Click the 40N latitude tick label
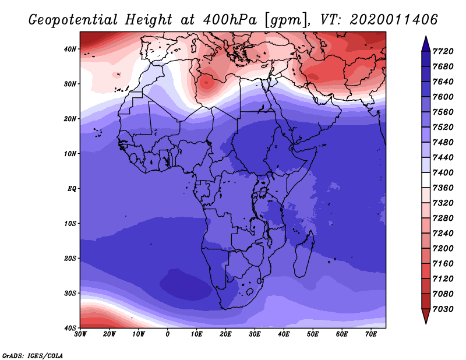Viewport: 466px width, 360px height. click(x=70, y=49)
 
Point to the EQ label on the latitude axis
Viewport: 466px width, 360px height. click(x=72, y=189)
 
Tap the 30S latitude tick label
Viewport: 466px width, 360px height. click(x=70, y=294)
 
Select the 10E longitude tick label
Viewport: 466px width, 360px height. click(x=196, y=334)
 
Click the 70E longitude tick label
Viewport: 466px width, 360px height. click(x=371, y=334)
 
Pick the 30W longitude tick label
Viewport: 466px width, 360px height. click(x=80, y=334)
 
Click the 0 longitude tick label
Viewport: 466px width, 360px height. click(x=168, y=334)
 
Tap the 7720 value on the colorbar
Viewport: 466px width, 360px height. click(x=443, y=51)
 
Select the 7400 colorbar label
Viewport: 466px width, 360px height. click(x=443, y=172)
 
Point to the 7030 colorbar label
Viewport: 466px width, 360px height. click(x=443, y=309)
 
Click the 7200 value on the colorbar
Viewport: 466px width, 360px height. click(x=443, y=249)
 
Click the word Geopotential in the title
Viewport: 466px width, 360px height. click(x=73, y=20)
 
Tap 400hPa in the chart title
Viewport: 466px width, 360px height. click(x=230, y=20)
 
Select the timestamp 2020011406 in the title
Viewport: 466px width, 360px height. click(x=394, y=20)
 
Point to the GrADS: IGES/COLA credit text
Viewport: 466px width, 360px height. click(x=33, y=356)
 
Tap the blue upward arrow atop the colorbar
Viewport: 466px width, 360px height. click(x=426, y=44)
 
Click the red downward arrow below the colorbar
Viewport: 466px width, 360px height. click(x=426, y=316)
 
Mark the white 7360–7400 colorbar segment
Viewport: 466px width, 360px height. click(x=426, y=180)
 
